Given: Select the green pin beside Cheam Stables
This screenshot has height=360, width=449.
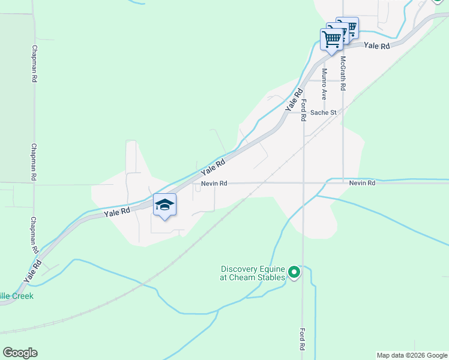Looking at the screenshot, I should pos(294,273).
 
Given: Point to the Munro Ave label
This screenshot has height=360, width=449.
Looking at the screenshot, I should pos(324,84).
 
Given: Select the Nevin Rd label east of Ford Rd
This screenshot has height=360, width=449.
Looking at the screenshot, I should pos(362,182).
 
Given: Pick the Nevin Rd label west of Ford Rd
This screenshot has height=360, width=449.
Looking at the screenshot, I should pos(214,183).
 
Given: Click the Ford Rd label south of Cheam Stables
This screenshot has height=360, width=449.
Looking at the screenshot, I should pos(301,339).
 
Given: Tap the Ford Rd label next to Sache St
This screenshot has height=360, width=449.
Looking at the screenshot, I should pos(304,110).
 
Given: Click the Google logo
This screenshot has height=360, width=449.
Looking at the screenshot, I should pos(20,353).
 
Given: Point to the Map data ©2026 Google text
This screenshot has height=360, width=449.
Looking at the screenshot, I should pos(412,355).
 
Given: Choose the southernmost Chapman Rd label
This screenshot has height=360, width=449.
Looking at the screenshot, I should pos(34,235).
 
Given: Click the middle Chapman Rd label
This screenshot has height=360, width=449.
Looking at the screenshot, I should pos(34,162).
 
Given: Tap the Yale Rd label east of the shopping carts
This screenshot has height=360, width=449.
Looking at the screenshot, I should pos(377,46).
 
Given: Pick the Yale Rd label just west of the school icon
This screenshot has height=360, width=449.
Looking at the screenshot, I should pos(117,212).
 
